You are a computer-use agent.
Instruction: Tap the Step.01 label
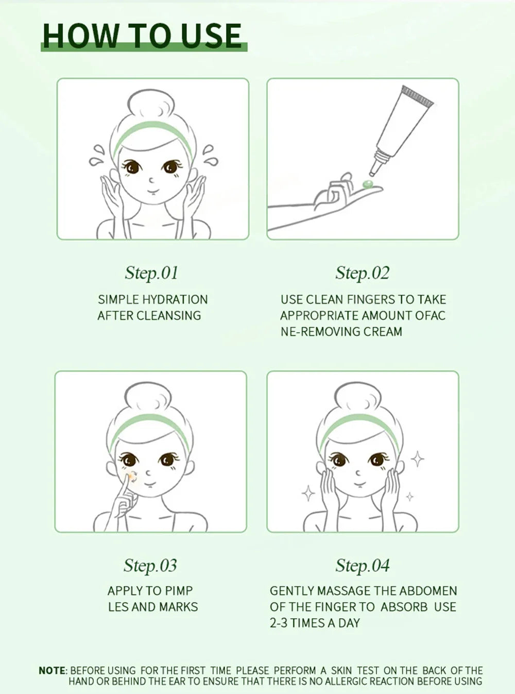[151, 273]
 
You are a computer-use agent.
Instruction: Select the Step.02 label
[363, 273]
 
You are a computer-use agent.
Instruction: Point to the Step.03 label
[150, 565]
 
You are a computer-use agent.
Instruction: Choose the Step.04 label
[363, 565]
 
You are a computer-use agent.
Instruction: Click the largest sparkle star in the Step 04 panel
[417, 458]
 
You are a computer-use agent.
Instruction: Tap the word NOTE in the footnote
[53, 670]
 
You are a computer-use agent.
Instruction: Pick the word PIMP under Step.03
[179, 591]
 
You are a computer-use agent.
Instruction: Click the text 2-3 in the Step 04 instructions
[279, 623]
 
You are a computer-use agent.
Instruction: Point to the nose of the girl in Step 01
[150, 180]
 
